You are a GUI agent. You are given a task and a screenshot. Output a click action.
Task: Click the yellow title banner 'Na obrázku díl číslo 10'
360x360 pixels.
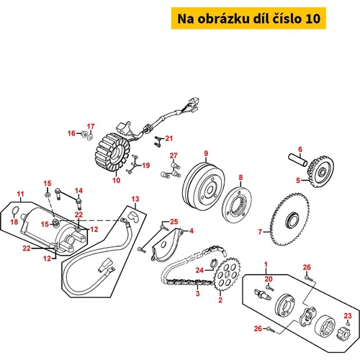pyautogui.click(x=248, y=19)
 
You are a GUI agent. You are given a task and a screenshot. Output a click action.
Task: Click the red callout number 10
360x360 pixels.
pyautogui.click(x=117, y=180)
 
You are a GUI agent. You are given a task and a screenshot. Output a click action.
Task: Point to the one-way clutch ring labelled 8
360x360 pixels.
pyautogui.click(x=237, y=205)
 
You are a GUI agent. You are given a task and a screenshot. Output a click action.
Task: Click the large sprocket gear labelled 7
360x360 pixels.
pyautogui.click(x=289, y=220)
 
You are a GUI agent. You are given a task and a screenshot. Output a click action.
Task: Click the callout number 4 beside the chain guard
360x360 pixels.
pyautogui.click(x=192, y=231)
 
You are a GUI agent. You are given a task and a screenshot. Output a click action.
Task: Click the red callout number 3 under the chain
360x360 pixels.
pyautogui.click(x=197, y=293)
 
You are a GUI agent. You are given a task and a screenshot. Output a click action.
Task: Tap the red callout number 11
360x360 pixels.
pyautogui.click(x=21, y=194)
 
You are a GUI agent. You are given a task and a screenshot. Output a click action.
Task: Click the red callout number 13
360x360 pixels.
pyautogui.click(x=135, y=199)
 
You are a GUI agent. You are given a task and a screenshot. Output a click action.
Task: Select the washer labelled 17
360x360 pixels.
pyautogui.click(x=91, y=138)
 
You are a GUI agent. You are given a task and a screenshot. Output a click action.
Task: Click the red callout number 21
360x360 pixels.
pyautogui.click(x=169, y=138)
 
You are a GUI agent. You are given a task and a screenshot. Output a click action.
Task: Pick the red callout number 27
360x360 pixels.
pyautogui.click(x=174, y=156)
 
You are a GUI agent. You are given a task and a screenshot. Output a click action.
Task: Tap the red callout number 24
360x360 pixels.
pyautogui.click(x=199, y=270)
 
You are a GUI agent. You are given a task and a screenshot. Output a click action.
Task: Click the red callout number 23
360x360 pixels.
pyautogui.click(x=348, y=316)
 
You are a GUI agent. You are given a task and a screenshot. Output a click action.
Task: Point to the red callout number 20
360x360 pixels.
pyautogui.click(x=269, y=279)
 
